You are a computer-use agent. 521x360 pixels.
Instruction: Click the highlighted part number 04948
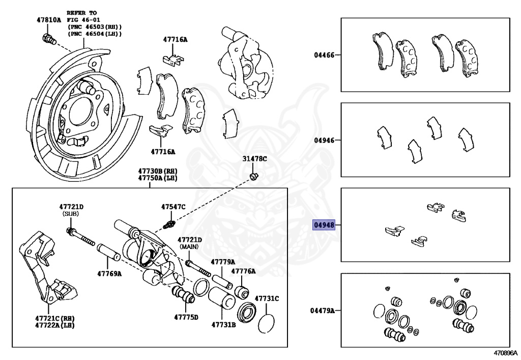click(x=323, y=225)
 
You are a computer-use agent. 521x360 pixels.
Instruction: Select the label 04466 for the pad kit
click(x=324, y=54)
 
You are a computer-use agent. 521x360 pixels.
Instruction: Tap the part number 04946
click(x=324, y=140)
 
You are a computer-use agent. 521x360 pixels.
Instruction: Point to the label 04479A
click(x=322, y=310)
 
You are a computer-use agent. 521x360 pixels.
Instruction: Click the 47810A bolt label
click(x=48, y=20)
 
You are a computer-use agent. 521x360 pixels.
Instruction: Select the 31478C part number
click(x=254, y=159)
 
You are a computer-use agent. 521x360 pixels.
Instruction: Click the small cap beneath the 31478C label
click(x=254, y=177)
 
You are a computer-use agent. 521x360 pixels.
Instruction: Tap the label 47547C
click(x=173, y=207)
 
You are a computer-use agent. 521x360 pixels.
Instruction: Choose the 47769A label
click(x=109, y=273)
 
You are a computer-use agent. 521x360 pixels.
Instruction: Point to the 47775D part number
click(x=186, y=317)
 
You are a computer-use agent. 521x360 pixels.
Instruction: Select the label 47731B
click(x=224, y=324)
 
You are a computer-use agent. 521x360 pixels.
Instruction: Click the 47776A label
click(x=244, y=271)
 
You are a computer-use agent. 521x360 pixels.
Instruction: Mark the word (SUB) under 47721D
click(x=71, y=214)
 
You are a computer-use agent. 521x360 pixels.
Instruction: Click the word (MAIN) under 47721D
click(x=189, y=247)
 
